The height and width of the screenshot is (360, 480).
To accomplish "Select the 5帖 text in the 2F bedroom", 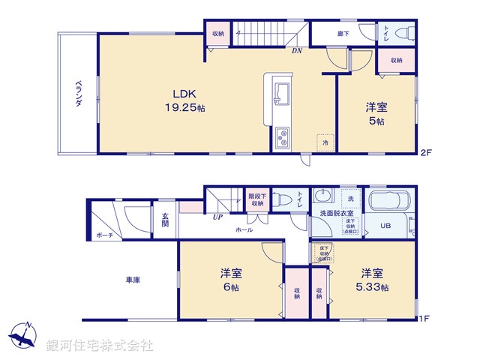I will click(x=376, y=121).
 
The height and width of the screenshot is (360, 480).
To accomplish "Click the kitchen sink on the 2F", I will click(x=283, y=93).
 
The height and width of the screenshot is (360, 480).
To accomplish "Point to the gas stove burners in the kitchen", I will click(x=284, y=137).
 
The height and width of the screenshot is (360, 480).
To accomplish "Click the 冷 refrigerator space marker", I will click(x=325, y=142).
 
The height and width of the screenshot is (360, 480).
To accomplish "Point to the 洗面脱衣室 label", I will click(x=334, y=213).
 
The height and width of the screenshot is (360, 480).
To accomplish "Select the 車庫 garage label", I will click(x=133, y=280).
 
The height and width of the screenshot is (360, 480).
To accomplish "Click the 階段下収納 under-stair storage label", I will click(x=257, y=200).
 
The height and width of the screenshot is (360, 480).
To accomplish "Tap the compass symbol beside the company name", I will click(x=25, y=336).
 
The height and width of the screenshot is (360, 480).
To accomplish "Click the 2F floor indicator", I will click(x=425, y=153).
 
